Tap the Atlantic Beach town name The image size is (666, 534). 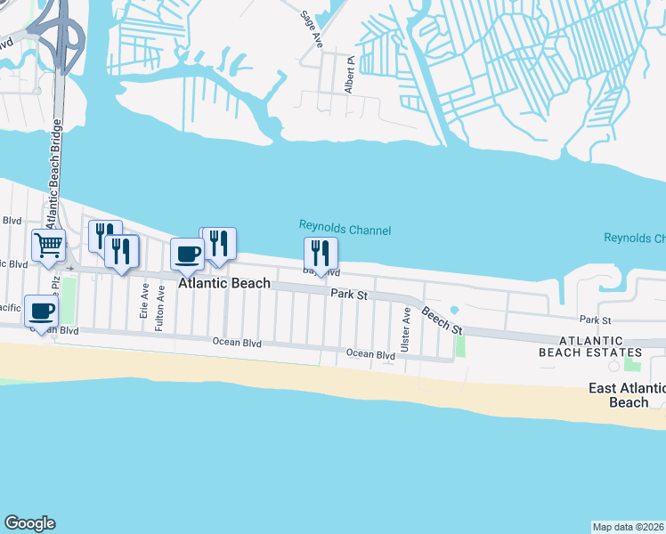tap(224, 284)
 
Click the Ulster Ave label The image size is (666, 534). tap(405, 329)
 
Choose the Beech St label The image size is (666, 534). tap(443, 320)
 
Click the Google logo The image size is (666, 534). tap(29, 523)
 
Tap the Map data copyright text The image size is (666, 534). tap(629, 526)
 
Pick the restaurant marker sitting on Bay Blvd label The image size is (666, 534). tap(321, 254)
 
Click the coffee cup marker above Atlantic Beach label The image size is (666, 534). tap(187, 254)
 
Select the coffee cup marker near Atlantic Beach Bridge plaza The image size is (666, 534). tap(42, 311)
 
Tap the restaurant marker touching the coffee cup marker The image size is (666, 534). tap(218, 244)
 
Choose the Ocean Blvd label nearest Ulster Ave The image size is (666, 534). tap(370, 354)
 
